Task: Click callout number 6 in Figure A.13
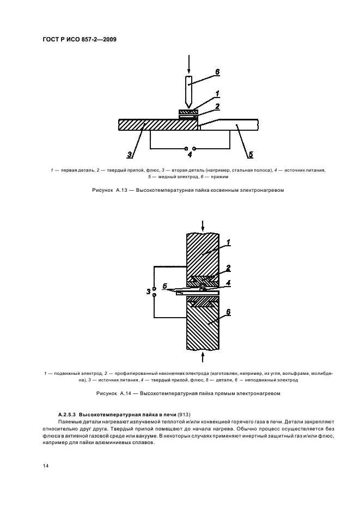(x=217, y=71)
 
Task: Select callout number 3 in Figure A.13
(x=129, y=155)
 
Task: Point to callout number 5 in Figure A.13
(x=250, y=155)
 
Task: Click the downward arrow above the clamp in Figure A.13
(x=188, y=64)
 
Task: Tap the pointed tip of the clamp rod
(x=188, y=106)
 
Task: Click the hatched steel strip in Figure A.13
(x=158, y=124)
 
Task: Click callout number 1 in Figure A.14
(x=228, y=241)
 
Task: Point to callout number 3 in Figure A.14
(x=148, y=292)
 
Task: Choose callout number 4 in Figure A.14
(x=229, y=283)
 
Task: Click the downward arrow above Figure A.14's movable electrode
(x=202, y=224)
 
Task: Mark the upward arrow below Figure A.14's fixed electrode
(x=202, y=357)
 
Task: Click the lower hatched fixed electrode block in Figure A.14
(x=202, y=327)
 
